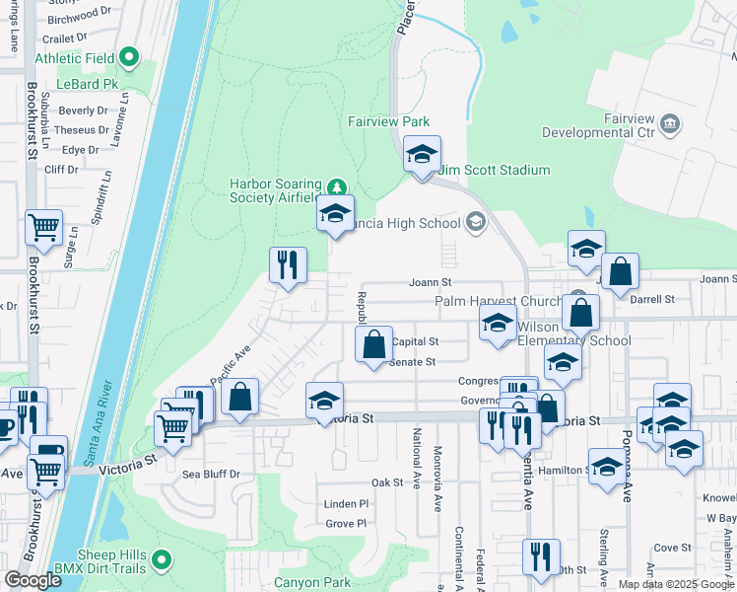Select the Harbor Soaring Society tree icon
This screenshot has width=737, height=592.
tap(337, 186)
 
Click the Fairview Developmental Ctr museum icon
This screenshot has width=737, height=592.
tap(670, 123)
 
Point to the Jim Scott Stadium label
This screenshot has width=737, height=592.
tap(494, 171)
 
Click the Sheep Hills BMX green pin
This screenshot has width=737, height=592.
tap(161, 562)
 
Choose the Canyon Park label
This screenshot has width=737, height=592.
tap(312, 582)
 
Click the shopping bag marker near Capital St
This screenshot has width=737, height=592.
tap(373, 346)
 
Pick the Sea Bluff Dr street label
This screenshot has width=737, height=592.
tap(211, 475)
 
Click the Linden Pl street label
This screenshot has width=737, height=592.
tap(346, 504)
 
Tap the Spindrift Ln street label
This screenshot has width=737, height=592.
tap(99, 201)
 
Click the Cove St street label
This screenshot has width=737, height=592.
tap(673, 548)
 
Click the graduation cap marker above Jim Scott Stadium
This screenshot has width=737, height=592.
tap(422, 156)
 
